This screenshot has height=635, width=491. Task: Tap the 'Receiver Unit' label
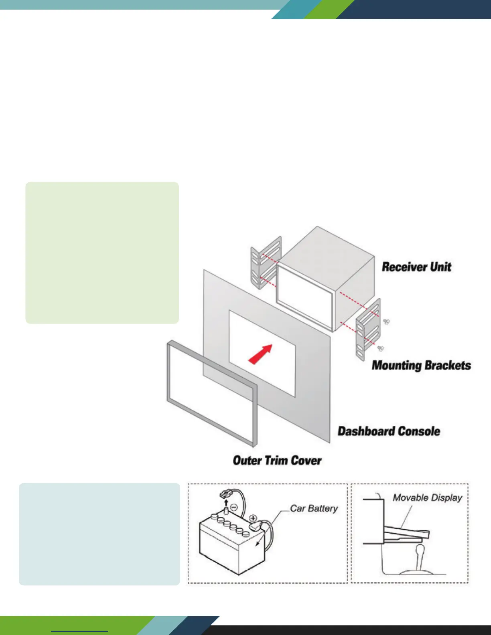[x=416, y=267]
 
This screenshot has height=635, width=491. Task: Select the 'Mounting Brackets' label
[x=421, y=365]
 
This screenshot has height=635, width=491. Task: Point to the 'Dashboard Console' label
[x=389, y=431]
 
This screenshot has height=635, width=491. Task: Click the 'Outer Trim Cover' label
[x=277, y=460]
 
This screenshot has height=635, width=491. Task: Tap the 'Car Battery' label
[x=314, y=508]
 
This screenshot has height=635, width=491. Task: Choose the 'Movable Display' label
[x=427, y=498]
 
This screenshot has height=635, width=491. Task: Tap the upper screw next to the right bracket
[x=386, y=322]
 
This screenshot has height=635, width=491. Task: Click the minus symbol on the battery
[x=235, y=507]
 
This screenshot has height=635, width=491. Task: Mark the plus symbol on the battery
[x=253, y=518]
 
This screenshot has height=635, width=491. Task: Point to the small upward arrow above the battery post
[x=226, y=503]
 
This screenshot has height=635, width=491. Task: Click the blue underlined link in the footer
[x=79, y=631]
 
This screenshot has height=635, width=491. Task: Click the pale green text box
[x=102, y=253]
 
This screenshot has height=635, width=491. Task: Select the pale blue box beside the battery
[x=99, y=534]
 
